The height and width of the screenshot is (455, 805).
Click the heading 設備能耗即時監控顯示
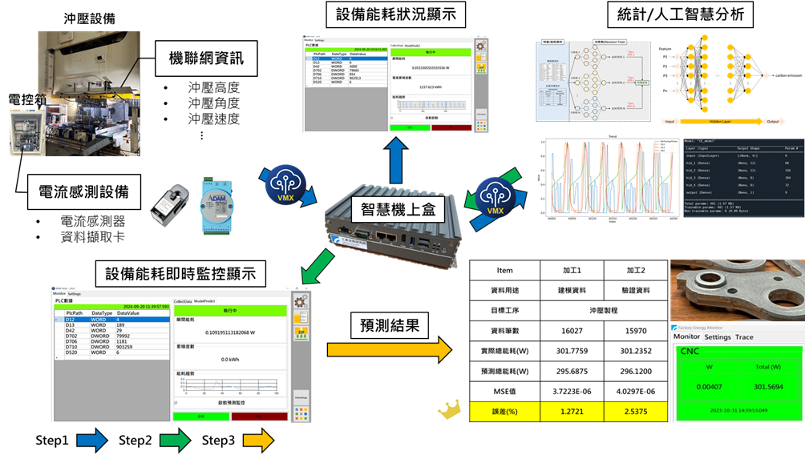click(x=180, y=273)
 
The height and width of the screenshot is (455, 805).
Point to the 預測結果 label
click(x=389, y=325)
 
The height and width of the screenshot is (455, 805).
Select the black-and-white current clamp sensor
click(x=170, y=205)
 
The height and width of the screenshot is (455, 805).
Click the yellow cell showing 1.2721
click(x=567, y=412)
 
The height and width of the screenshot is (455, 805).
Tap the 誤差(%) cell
click(x=504, y=412)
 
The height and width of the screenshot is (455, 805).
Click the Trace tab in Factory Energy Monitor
click(x=744, y=337)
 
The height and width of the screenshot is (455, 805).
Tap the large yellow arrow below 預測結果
click(x=389, y=349)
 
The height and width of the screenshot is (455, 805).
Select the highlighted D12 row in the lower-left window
click(x=112, y=320)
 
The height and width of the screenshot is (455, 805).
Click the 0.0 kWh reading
click(x=229, y=360)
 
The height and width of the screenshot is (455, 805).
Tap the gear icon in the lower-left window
click(x=301, y=302)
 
